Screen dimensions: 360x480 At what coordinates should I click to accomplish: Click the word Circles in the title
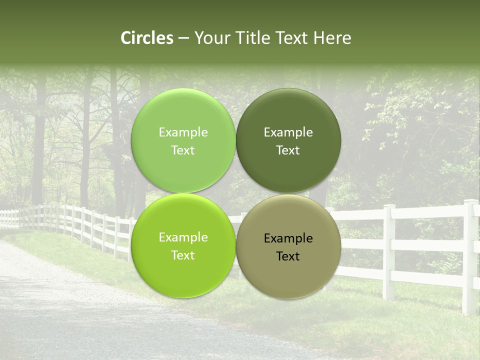(146, 38)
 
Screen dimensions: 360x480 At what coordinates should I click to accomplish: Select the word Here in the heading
(332, 38)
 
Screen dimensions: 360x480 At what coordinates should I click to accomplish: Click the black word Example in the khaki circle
(288, 238)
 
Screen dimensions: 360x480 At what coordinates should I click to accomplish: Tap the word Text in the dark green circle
(288, 150)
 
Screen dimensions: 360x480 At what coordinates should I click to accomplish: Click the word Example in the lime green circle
(183, 237)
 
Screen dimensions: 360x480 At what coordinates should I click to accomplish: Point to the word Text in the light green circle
(183, 150)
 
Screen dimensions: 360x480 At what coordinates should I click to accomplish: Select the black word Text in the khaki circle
(288, 256)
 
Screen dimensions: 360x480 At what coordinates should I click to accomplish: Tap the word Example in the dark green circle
(288, 132)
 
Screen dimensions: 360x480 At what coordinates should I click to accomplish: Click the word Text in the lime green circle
(183, 255)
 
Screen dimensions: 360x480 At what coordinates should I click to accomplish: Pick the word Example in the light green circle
(183, 132)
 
